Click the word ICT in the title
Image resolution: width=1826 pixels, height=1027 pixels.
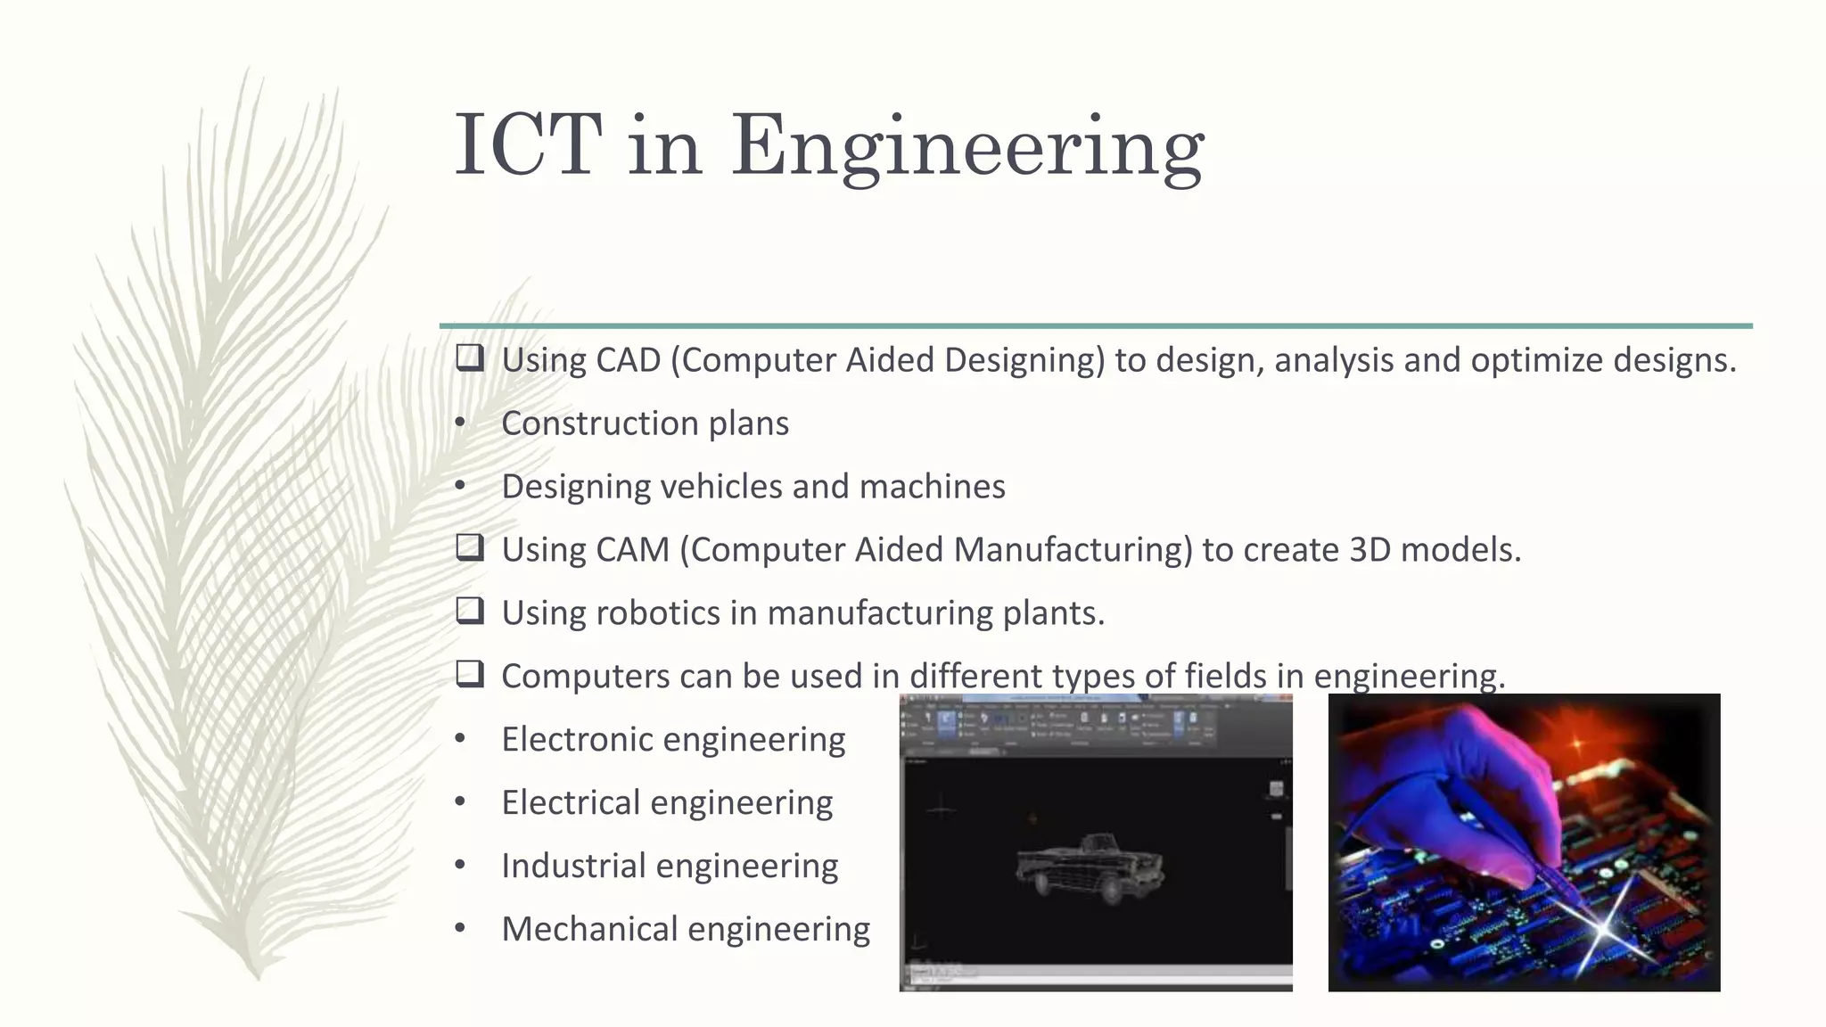(x=528, y=145)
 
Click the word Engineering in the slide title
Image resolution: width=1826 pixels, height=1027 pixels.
(x=967, y=148)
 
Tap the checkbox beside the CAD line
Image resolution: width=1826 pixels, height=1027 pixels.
(x=470, y=358)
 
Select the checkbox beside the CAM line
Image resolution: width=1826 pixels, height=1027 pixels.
(x=470, y=547)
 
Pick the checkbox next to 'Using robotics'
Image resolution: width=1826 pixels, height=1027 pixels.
(x=470, y=611)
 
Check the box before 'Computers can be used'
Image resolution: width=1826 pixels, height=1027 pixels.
(x=470, y=674)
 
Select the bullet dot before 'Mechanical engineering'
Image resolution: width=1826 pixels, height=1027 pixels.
(x=460, y=929)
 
